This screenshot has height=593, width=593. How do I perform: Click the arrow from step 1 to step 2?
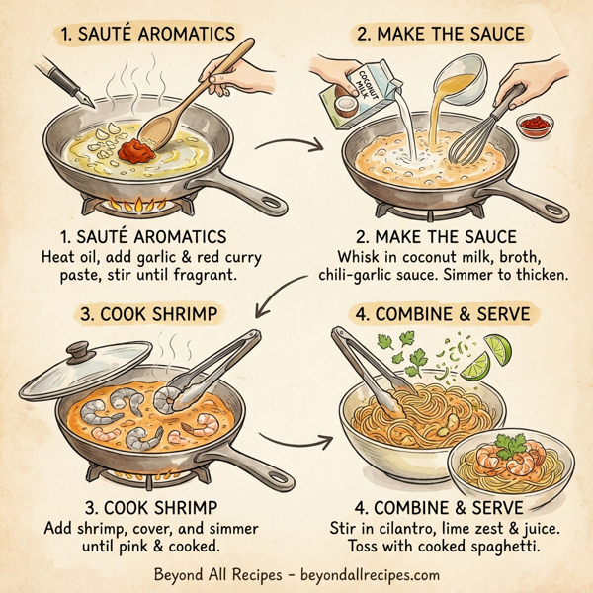coord(310,148)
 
